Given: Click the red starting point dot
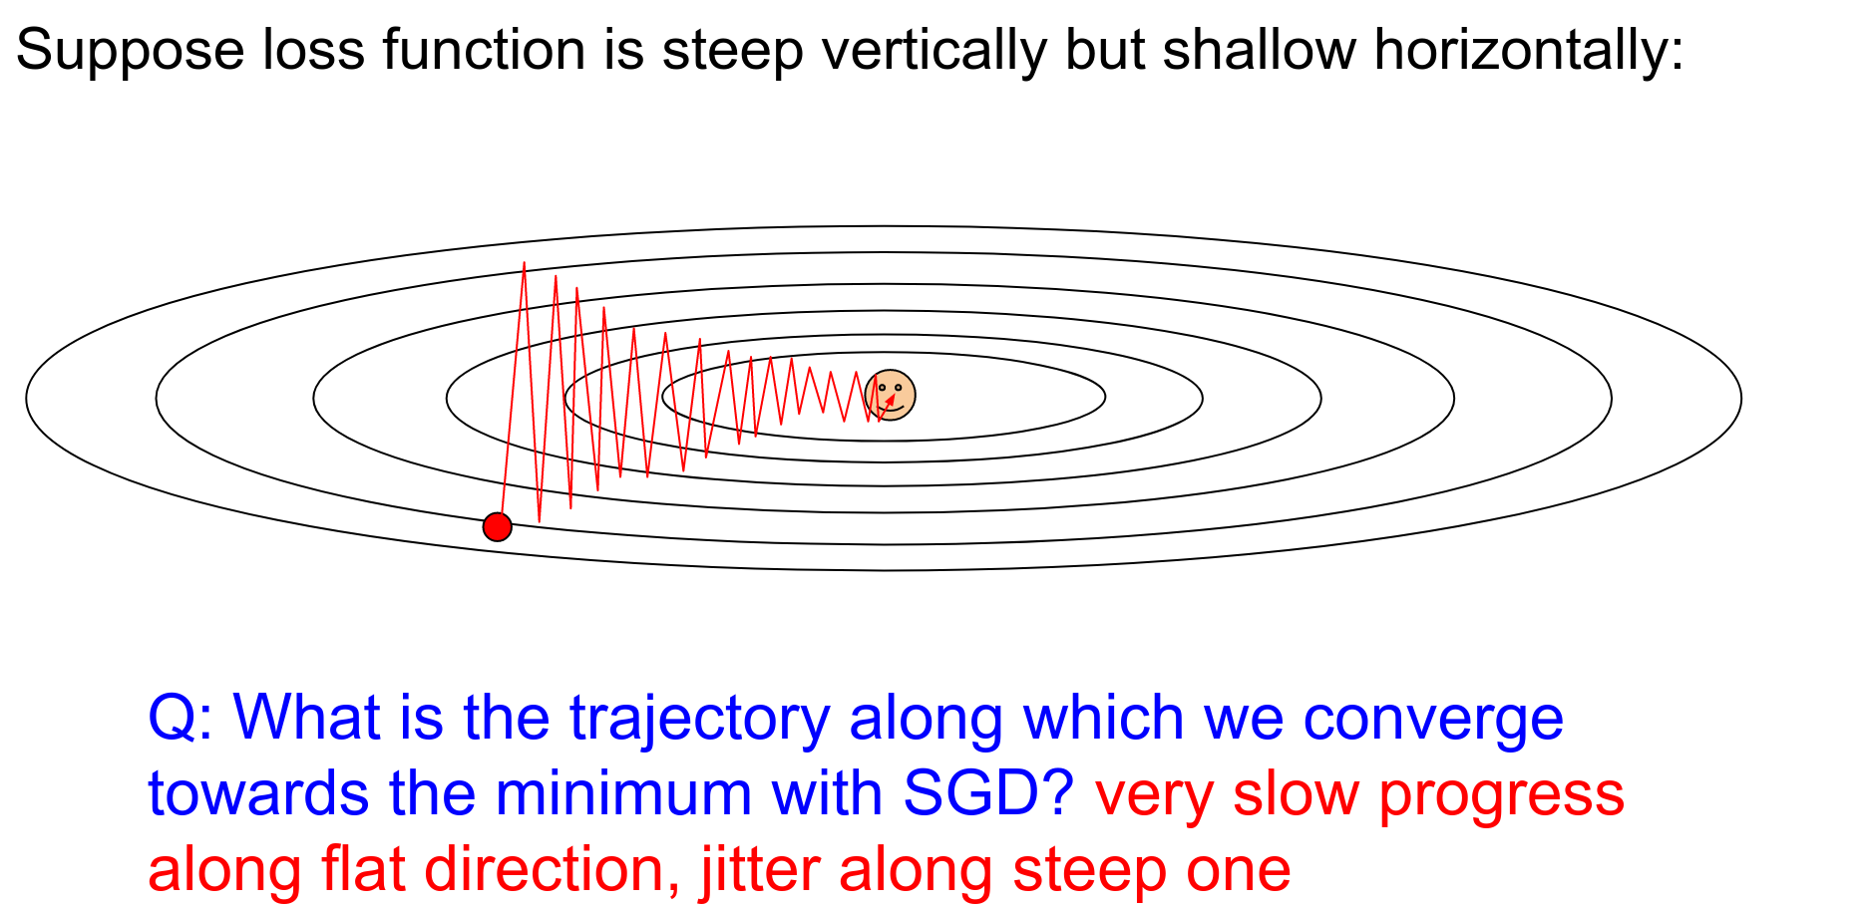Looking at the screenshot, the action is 497,526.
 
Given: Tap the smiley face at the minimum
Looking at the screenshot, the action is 890,395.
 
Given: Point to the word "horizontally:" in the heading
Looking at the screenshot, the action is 1529,50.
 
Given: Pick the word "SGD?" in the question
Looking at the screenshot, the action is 987,795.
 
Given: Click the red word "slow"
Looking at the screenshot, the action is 1296,795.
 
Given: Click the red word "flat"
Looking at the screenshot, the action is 363,869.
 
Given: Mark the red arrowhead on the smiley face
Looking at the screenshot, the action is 890,400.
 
